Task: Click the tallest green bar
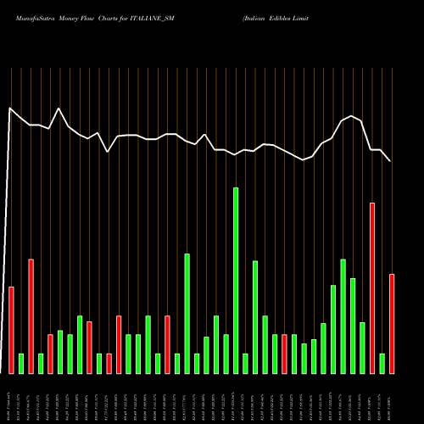[236, 281]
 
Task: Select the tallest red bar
[372, 288]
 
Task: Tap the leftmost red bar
[12, 331]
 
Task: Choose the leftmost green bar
[21, 364]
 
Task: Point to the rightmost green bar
[382, 364]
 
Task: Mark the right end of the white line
[390, 161]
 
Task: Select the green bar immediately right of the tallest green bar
[245, 364]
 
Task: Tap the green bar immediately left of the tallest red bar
[363, 348]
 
